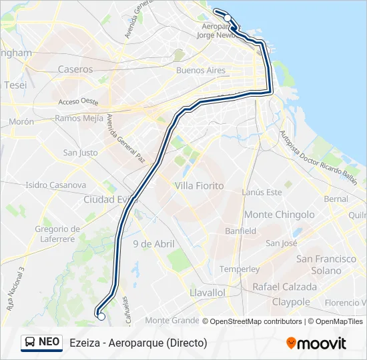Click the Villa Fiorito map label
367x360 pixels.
click(199, 185)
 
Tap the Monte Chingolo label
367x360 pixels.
click(279, 215)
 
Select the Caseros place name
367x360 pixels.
click(75, 69)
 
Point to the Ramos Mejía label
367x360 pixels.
click(79, 118)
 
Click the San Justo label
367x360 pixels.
click(80, 153)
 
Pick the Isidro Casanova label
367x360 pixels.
click(56, 185)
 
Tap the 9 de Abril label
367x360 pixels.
click(153, 244)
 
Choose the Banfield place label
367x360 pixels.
click(240, 231)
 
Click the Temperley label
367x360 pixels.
click(239, 269)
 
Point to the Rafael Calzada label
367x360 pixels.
click(284, 287)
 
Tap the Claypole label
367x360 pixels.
click(291, 302)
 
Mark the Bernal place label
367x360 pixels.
click(335, 199)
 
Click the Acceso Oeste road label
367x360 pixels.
click(78, 102)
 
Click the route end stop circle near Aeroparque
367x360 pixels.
click(228, 18)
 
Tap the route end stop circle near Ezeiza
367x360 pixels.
click(101, 317)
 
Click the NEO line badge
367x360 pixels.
click(42, 342)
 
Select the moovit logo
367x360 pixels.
click(316, 343)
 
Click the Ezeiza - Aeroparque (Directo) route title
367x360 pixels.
click(138, 343)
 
